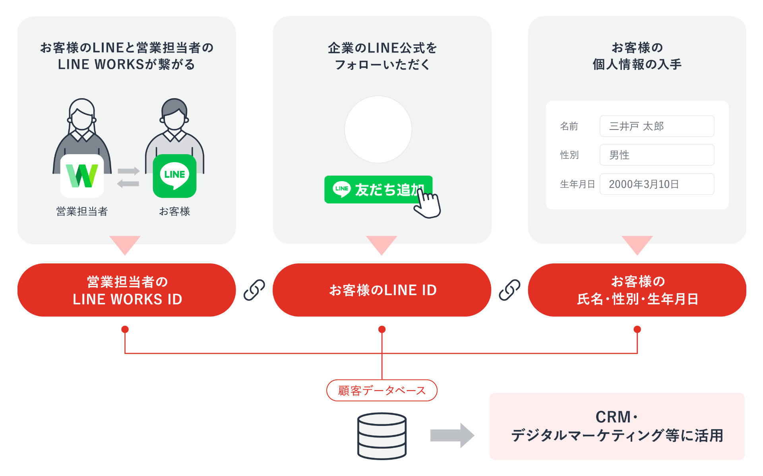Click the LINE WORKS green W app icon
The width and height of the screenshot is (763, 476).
(x=82, y=176)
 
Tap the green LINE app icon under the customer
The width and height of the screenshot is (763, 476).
(x=174, y=176)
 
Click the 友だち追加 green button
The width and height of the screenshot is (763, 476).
(x=378, y=190)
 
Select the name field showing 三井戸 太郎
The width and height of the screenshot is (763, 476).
(x=656, y=126)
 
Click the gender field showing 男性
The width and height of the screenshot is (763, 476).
(x=656, y=155)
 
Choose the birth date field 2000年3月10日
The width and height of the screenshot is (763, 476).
(x=656, y=184)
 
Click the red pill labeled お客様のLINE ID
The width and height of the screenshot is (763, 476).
(x=382, y=290)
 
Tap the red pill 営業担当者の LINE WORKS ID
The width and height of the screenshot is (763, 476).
(x=127, y=290)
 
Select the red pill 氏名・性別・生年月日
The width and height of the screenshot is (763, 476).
(x=637, y=290)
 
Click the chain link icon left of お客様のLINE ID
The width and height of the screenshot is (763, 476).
(x=254, y=290)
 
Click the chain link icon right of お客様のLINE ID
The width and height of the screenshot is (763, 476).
(x=509, y=290)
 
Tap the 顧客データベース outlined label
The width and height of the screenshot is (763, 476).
(x=381, y=391)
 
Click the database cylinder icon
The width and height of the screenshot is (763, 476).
(x=381, y=436)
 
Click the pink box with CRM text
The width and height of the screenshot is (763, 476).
(x=617, y=426)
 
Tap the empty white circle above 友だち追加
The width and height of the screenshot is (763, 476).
(x=378, y=130)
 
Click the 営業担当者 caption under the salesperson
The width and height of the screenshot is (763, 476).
(x=82, y=211)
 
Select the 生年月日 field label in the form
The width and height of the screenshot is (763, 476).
(x=577, y=184)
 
